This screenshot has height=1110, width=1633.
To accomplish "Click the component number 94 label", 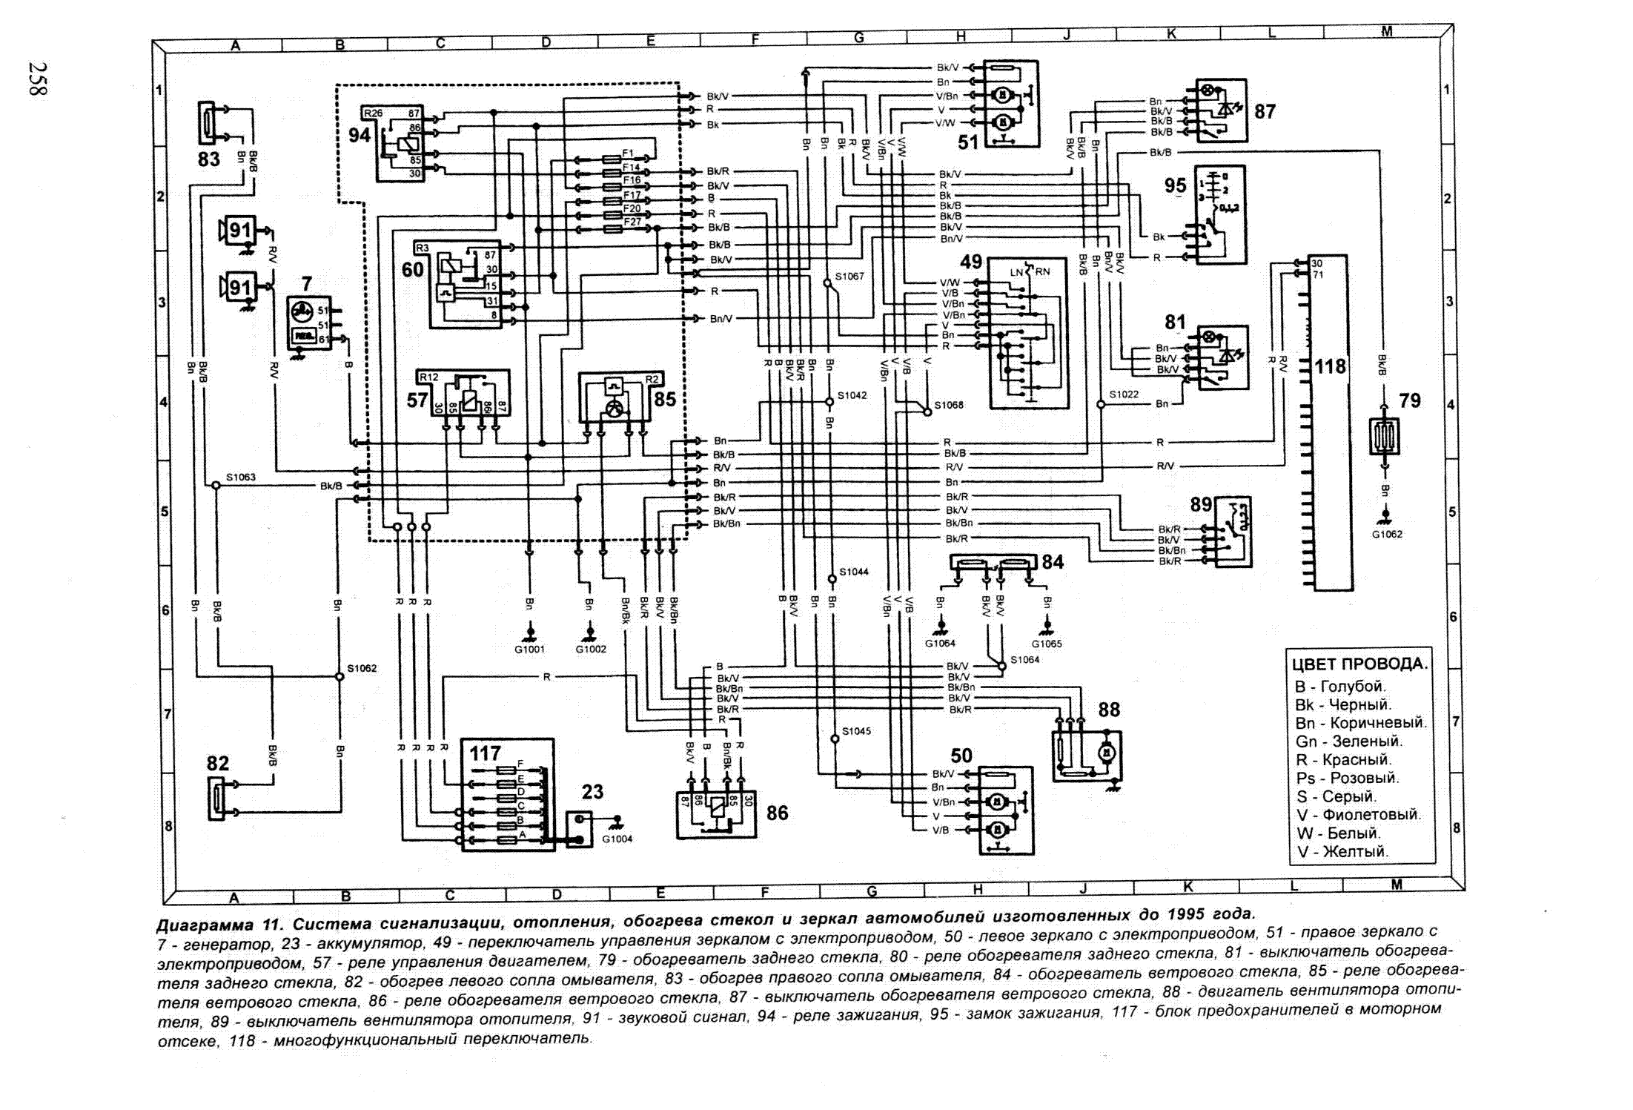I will click(x=360, y=135).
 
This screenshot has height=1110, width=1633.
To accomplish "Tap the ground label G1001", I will click(x=529, y=650).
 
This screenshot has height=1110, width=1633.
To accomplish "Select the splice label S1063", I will click(x=241, y=477).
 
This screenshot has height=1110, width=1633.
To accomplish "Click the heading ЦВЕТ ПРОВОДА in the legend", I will click(x=1359, y=664).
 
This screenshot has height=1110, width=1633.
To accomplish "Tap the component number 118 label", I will click(x=1330, y=366).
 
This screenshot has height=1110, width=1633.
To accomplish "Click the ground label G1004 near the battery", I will click(x=617, y=839).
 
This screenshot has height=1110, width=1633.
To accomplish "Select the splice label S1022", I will click(x=1124, y=394).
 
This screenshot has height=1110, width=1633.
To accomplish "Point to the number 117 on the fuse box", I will click(x=485, y=753).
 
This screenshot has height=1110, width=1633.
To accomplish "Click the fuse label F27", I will click(x=632, y=222).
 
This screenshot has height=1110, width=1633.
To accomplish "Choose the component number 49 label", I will click(x=971, y=262).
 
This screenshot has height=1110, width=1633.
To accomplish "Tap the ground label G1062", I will click(x=1386, y=534).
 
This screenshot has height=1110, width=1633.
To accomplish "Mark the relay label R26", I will click(x=373, y=113).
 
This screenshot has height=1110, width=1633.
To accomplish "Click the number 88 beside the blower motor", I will click(x=1109, y=710).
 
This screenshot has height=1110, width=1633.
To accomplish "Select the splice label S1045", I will click(x=856, y=731).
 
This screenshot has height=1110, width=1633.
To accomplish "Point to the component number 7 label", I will click(x=307, y=283).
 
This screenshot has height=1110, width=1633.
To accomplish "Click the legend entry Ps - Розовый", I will click(x=1347, y=778).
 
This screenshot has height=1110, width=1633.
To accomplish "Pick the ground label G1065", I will click(x=1047, y=644).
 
